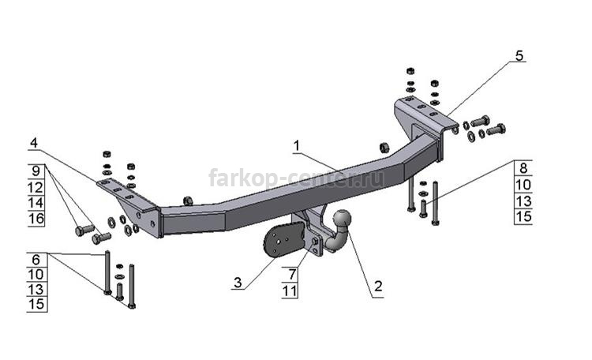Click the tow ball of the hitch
(342, 219)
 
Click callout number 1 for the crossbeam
(297, 146)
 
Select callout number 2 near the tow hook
(378, 286)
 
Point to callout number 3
(238, 282)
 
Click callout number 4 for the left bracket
(34, 143)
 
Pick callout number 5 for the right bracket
(519, 55)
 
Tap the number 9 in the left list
(36, 171)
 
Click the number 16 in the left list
(36, 219)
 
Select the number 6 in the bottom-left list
(36, 260)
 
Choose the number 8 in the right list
(523, 168)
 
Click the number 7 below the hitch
(292, 274)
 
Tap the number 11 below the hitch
(290, 291)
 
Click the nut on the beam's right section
(384, 148)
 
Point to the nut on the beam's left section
(187, 201)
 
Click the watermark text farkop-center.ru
(296, 178)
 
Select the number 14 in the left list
(36, 203)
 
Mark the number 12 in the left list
(36, 187)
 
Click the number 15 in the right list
(523, 216)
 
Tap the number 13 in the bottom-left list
(36, 290)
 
